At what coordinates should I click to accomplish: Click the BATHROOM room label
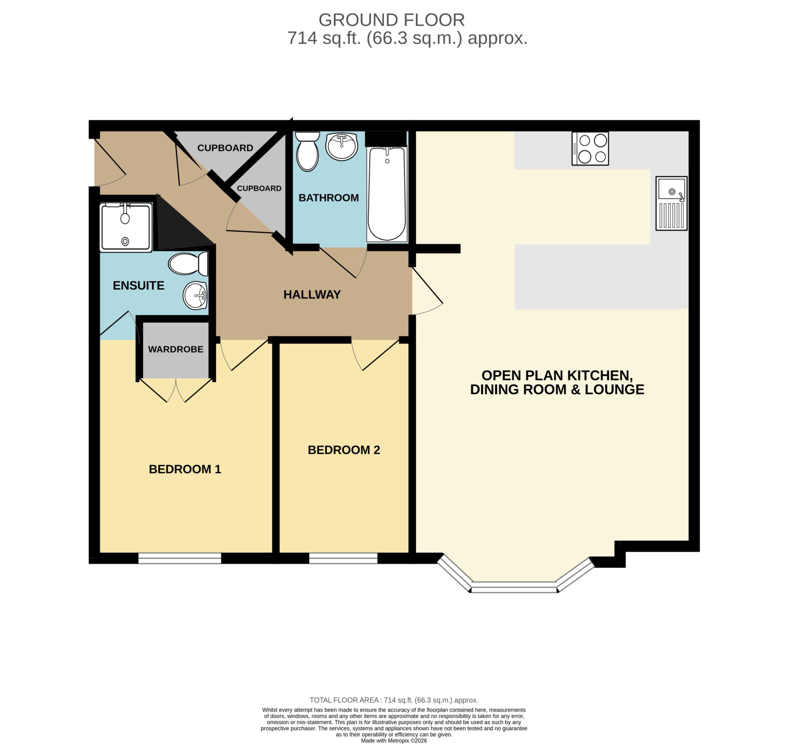coord(328,198)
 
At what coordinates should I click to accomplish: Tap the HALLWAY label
coord(312,294)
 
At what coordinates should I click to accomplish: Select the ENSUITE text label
coord(139,286)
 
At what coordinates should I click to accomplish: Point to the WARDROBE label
coord(175,349)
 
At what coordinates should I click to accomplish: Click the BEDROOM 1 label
coord(185,469)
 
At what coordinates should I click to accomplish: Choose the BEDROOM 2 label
coord(344,450)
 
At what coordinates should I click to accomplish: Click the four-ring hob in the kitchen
coord(590,148)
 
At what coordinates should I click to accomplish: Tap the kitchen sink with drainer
coord(671,203)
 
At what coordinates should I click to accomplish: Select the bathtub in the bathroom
coord(387,194)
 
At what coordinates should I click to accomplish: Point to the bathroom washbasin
coord(342,146)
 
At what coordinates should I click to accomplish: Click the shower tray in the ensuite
coord(126,227)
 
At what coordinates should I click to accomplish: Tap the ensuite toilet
coord(188,263)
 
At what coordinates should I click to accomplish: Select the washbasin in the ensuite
coord(195,296)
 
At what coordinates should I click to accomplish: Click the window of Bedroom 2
coord(343,558)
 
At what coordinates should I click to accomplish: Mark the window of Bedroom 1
coord(179,558)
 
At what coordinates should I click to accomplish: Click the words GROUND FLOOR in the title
coord(391,20)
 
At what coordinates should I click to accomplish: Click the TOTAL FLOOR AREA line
coord(394,700)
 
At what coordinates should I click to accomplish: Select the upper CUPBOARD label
coord(225,148)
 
